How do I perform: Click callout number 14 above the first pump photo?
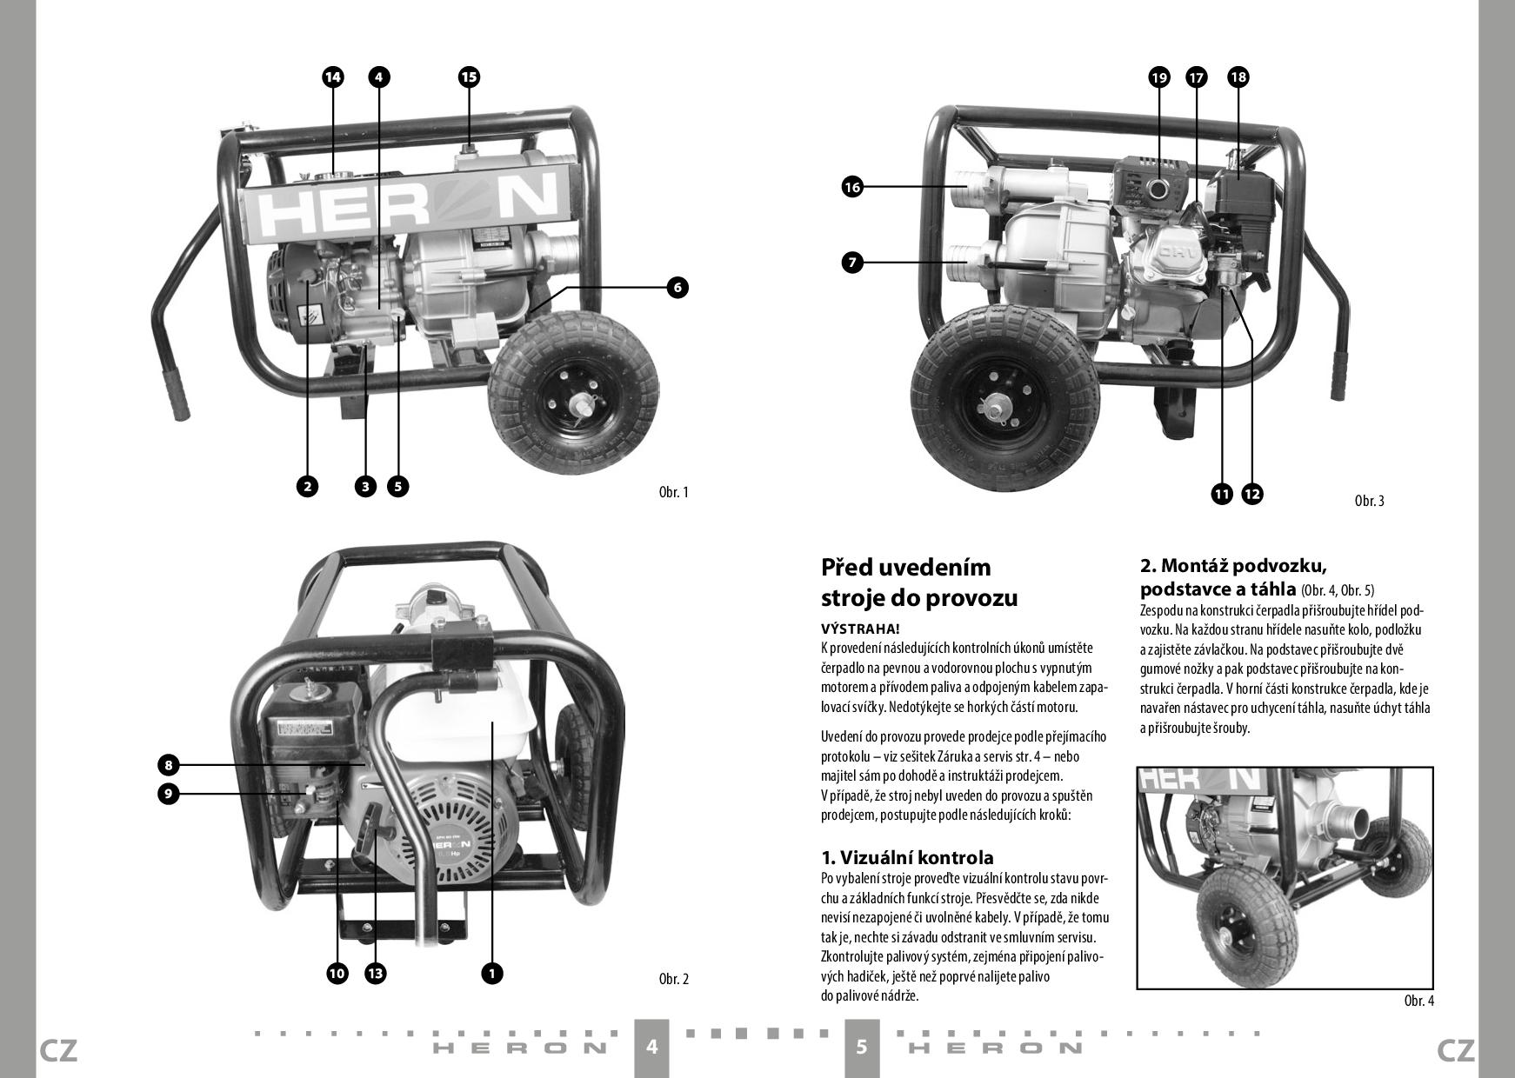[x=332, y=77]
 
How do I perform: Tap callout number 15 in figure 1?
[x=469, y=77]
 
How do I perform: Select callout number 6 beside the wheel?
[x=677, y=287]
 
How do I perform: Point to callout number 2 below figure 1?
[x=307, y=486]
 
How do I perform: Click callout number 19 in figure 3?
[x=1158, y=77]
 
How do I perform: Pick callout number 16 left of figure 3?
[x=852, y=186]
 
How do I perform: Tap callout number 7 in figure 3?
[x=852, y=262]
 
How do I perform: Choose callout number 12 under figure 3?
[x=1251, y=494]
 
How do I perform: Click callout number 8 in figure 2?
[x=168, y=765]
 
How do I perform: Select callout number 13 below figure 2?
[x=375, y=973]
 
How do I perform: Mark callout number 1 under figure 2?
[x=491, y=973]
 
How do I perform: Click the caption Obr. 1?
[x=673, y=492]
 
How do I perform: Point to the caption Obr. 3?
[x=1369, y=501]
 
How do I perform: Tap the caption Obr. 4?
[x=1418, y=1001]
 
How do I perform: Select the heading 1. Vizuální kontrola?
[x=907, y=858]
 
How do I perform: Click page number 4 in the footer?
[x=652, y=1046]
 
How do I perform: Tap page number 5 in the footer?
[x=862, y=1046]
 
